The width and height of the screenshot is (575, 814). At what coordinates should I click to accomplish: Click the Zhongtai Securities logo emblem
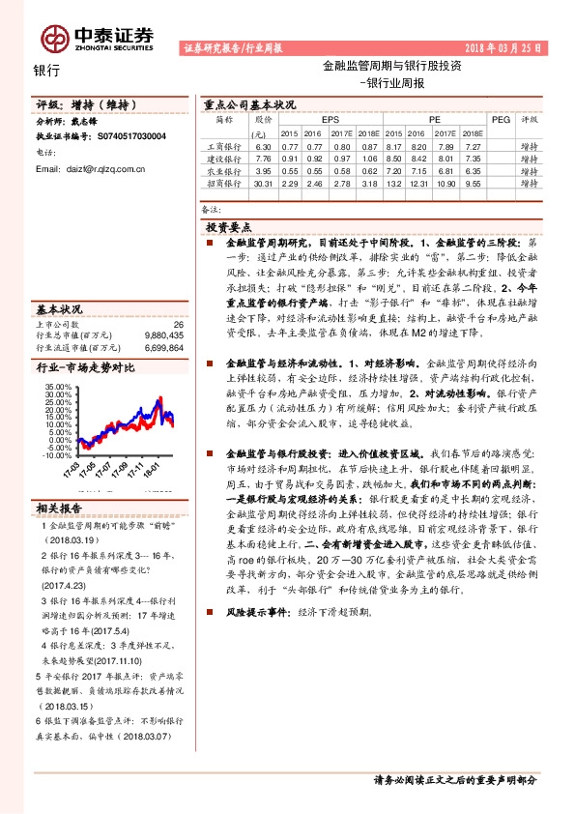click(54, 38)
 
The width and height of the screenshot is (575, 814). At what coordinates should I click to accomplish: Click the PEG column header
click(501, 119)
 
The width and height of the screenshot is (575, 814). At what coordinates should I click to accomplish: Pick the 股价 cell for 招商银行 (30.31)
click(261, 183)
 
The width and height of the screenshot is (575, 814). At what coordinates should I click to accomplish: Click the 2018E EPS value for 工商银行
click(366, 145)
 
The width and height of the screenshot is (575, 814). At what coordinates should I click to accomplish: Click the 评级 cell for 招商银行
click(529, 183)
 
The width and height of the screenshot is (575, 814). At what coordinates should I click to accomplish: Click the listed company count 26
click(178, 325)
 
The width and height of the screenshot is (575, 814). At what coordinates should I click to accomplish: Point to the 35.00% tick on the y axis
click(58, 387)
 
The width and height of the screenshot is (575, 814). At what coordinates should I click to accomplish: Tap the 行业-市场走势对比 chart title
click(86, 368)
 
